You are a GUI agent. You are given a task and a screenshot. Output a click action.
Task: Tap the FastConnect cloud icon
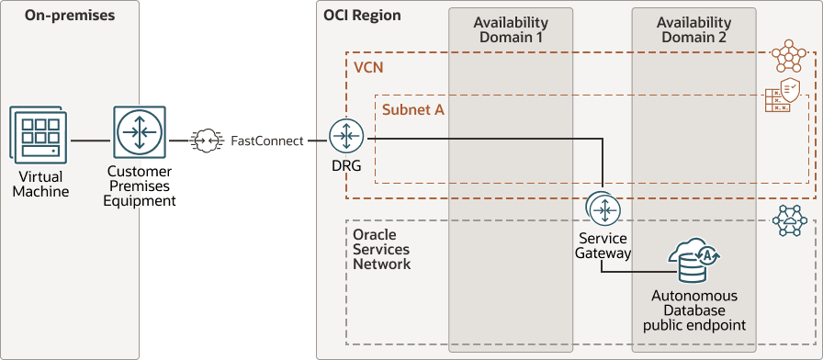pos(206,141)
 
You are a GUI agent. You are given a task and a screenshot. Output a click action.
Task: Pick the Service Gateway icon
pos(603,209)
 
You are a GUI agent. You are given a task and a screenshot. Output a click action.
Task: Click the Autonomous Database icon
pos(693,262)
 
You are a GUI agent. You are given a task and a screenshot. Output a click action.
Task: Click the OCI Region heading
pos(362,16)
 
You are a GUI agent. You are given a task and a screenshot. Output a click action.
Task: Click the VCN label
pos(368,68)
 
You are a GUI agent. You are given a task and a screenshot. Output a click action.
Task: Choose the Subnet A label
pos(413,109)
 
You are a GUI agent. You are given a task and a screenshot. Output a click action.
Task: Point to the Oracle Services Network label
pos(382,250)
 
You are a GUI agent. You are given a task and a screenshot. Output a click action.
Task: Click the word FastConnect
pos(266,141)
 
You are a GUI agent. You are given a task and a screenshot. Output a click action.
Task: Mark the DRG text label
pos(346,166)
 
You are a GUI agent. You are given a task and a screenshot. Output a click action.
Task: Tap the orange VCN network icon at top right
pos(787,57)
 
